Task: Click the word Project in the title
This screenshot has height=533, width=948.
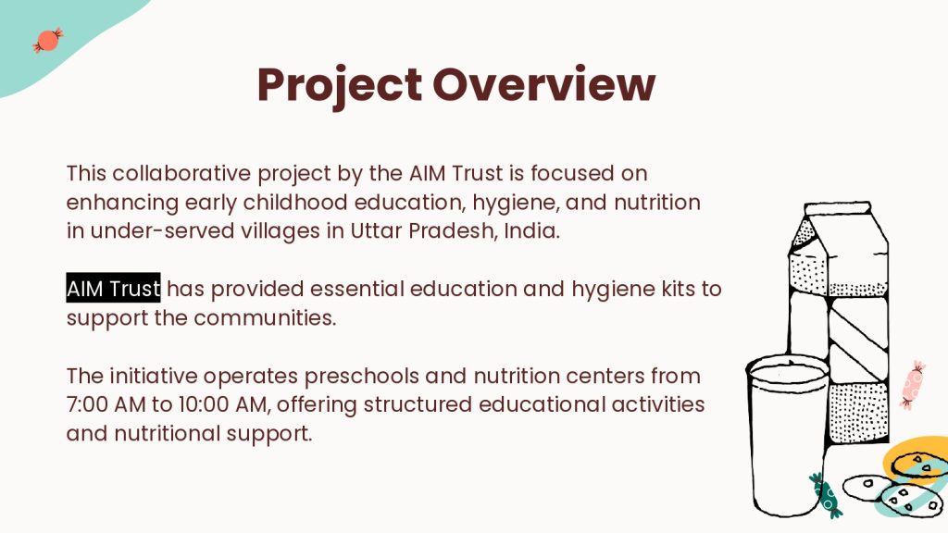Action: pos(339,86)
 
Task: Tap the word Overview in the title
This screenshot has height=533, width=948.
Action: pos(544,84)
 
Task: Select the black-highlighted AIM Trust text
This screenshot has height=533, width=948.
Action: pos(113,289)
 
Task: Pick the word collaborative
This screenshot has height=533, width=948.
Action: pos(181,173)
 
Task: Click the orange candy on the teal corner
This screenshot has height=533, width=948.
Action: pos(48,40)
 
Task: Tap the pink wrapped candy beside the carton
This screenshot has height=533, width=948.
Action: pos(912,385)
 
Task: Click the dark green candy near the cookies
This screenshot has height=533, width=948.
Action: pos(826,495)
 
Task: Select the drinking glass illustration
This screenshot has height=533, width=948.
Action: pos(787,435)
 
